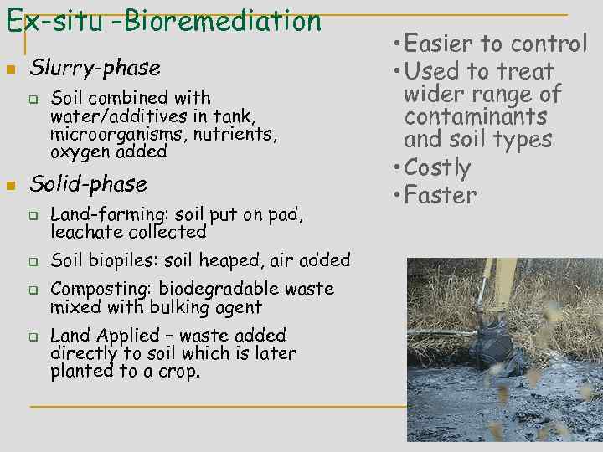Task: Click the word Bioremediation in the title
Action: [221, 19]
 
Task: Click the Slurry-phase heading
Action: [95, 67]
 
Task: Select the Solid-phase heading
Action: [88, 184]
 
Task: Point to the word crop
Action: [182, 372]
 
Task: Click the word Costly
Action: [437, 167]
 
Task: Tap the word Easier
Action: [442, 43]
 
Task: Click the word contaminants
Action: [475, 116]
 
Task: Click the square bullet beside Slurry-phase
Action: [9, 68]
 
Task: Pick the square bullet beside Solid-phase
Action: [9, 185]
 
